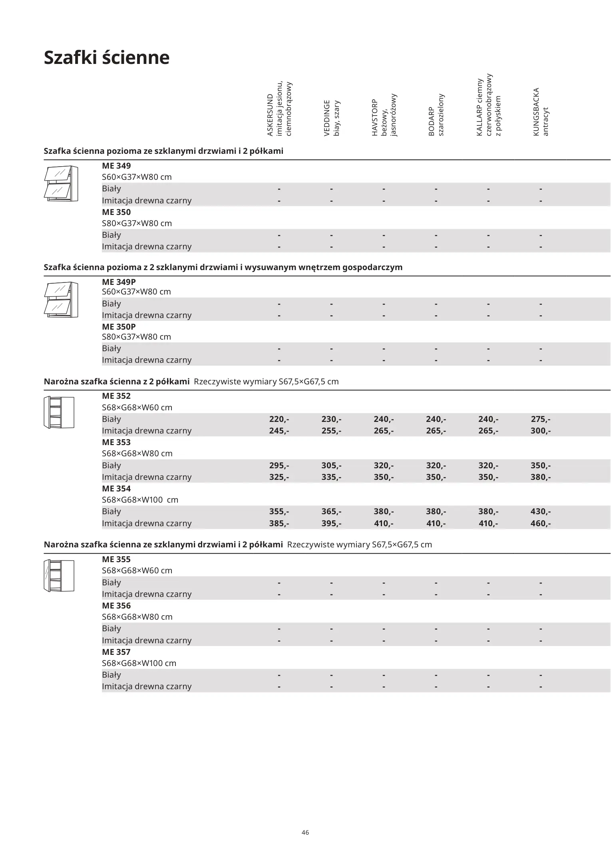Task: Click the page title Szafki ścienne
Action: [106, 58]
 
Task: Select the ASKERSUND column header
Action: [279, 109]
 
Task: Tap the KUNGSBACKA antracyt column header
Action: [541, 112]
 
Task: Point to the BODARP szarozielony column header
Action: [436, 115]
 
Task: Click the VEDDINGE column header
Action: [331, 118]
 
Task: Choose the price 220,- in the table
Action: [279, 419]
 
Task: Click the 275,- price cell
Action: [540, 419]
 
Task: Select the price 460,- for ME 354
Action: [540, 523]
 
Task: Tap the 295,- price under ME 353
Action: [279, 465]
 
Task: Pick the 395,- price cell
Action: [331, 523]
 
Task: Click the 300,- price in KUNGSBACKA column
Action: [540, 431]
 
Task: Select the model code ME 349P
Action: [119, 282]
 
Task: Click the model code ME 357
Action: [116, 652]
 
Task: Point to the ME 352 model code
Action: [116, 396]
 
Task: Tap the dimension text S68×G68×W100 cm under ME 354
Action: [140, 500]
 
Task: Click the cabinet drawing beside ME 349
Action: [61, 183]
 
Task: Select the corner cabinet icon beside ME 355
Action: [59, 575]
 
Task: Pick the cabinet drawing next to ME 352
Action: [59, 412]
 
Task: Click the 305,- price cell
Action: [331, 465]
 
